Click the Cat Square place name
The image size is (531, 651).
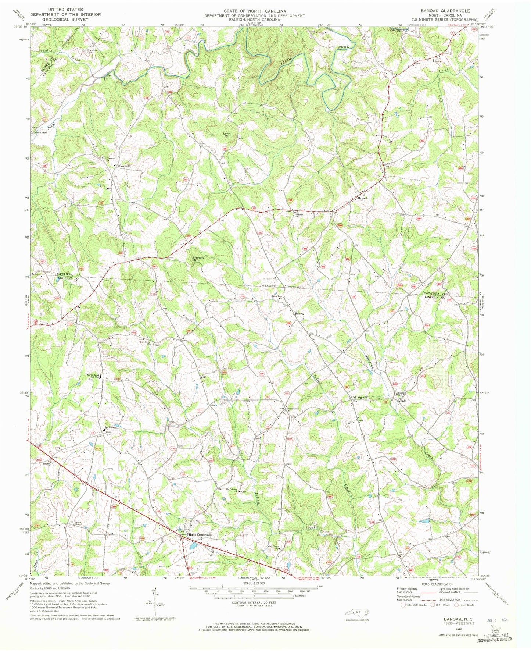[x=359, y=398]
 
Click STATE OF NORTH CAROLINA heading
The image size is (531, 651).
[x=255, y=11]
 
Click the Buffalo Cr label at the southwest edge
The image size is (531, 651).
[x=35, y=559]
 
